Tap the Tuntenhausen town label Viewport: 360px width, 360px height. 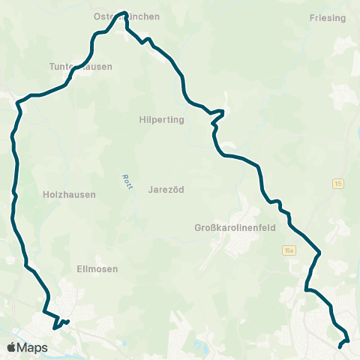[x=80, y=67]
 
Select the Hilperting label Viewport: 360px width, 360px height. [x=161, y=119]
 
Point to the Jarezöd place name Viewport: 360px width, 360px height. [x=166, y=190]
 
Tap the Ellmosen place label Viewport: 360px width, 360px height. [x=97, y=268]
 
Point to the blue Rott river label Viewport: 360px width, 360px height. [x=126, y=181]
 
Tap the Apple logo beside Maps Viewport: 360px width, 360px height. [x=12, y=347]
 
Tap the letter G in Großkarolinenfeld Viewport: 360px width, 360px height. [x=197, y=228]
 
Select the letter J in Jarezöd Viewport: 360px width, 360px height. [x=151, y=190]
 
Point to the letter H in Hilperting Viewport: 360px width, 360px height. [x=142, y=119]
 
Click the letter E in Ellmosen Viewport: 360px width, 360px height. [x=79, y=268]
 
